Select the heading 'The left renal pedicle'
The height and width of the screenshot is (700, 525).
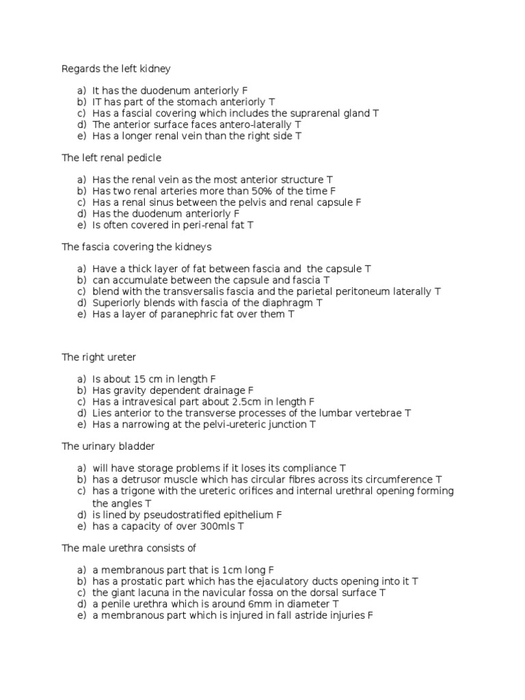(x=111, y=158)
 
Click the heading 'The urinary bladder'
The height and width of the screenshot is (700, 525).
(x=108, y=446)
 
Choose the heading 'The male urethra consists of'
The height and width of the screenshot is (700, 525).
(x=129, y=548)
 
